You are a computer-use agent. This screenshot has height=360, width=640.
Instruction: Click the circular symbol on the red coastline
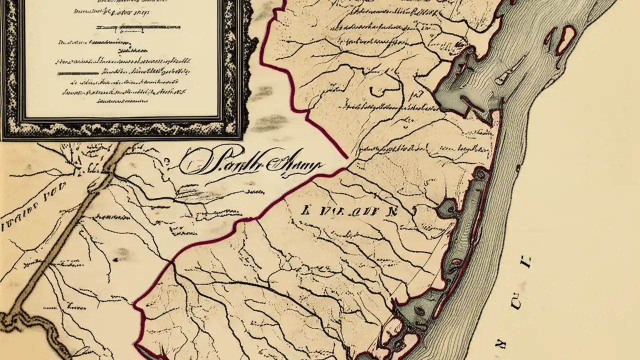tap(481, 173)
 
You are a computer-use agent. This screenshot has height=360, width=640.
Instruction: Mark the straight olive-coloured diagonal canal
tap(65, 235)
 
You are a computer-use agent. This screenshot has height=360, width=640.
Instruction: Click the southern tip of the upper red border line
tap(346, 157)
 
